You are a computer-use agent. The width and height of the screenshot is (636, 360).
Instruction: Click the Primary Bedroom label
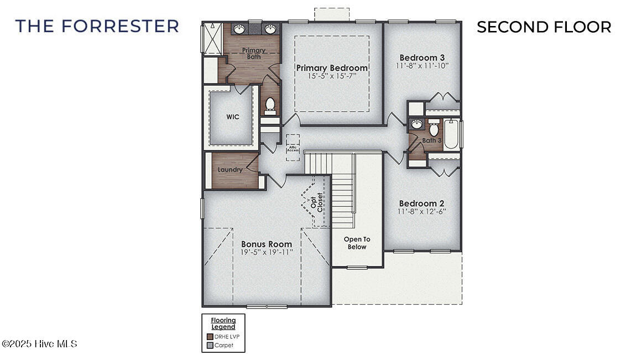point(332,68)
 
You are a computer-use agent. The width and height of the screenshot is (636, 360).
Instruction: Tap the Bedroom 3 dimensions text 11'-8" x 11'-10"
point(422,66)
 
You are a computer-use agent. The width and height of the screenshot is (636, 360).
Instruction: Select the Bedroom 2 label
point(422,204)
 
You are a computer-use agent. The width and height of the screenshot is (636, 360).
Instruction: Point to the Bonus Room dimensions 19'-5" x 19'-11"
point(267,252)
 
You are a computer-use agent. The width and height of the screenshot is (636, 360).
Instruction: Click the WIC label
point(232,117)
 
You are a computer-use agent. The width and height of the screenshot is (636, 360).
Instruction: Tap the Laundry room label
point(230,170)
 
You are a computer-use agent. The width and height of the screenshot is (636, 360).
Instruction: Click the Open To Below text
point(357,243)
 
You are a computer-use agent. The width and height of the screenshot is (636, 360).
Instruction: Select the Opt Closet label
point(317,202)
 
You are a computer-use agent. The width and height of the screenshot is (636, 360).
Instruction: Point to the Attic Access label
point(292,148)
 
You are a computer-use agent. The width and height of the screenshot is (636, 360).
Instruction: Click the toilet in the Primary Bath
point(270,104)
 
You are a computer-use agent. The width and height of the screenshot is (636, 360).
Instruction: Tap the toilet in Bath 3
point(434,130)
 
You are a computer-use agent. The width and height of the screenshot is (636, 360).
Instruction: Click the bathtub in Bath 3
point(452,134)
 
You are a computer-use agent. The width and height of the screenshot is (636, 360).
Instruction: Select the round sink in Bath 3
point(416,124)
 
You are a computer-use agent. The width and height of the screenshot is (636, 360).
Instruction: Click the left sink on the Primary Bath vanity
point(239,29)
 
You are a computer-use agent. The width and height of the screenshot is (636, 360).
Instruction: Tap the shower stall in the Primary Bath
point(211,39)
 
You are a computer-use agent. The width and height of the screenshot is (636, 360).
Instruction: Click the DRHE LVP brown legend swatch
point(210,336)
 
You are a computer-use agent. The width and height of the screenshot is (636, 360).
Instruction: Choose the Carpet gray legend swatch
point(210,346)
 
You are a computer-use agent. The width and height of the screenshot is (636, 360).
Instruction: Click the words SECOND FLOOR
point(544,27)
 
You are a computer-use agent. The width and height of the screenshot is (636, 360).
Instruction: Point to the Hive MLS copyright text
point(39,344)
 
